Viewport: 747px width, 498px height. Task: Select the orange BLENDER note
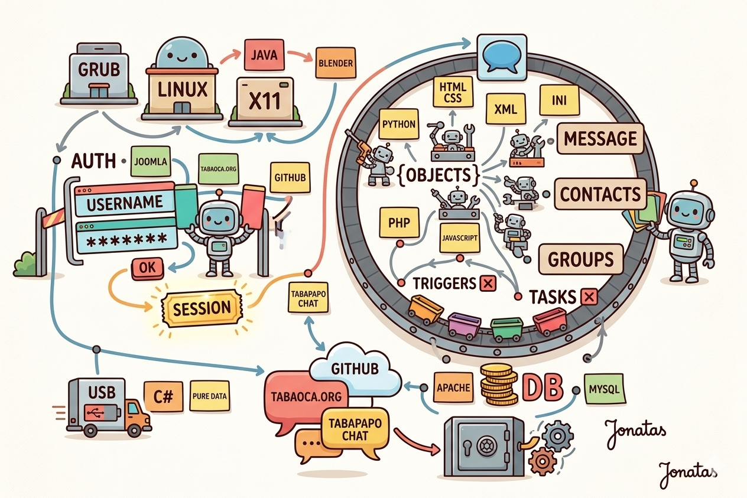pyautogui.click(x=335, y=63)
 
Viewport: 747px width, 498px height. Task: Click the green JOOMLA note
pyautogui.click(x=151, y=161)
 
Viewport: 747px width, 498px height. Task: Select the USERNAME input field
pyautogui.click(x=125, y=203)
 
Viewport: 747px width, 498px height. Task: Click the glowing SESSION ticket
pyautogui.click(x=202, y=308)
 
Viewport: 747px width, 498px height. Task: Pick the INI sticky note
pyautogui.click(x=558, y=100)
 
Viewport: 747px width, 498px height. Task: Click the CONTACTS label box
pyautogui.click(x=599, y=194)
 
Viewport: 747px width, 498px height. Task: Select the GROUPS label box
pyautogui.click(x=581, y=259)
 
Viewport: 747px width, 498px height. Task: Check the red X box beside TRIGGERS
pyautogui.click(x=488, y=284)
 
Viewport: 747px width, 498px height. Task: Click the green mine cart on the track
pyautogui.click(x=506, y=329)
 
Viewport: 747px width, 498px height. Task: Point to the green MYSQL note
pyautogui.click(x=604, y=390)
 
